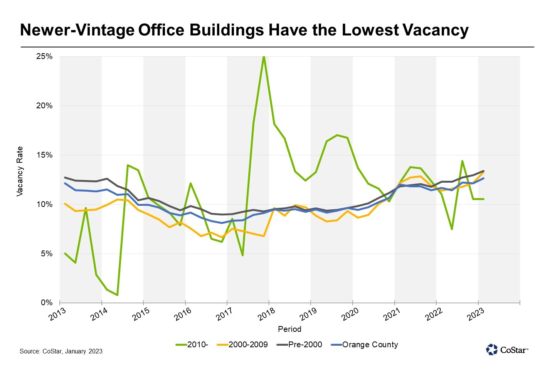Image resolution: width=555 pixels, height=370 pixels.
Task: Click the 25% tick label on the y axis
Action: (44, 57)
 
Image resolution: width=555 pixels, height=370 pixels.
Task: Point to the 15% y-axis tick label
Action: (44, 155)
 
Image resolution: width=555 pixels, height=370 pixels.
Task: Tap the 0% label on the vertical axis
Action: (47, 303)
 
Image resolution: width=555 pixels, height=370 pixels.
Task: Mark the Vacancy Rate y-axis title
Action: (20, 172)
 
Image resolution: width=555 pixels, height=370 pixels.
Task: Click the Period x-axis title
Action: (289, 329)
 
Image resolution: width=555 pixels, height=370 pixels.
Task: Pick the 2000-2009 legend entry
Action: (243, 345)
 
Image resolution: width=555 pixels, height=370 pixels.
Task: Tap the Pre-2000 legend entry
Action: (300, 345)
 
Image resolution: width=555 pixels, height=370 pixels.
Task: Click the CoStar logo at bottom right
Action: (507, 350)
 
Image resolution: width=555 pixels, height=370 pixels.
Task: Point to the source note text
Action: (61, 351)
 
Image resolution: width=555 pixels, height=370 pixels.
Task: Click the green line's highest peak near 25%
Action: (264, 57)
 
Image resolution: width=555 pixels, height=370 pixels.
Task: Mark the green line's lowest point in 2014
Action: (117, 295)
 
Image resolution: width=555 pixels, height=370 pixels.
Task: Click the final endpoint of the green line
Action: (483, 199)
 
